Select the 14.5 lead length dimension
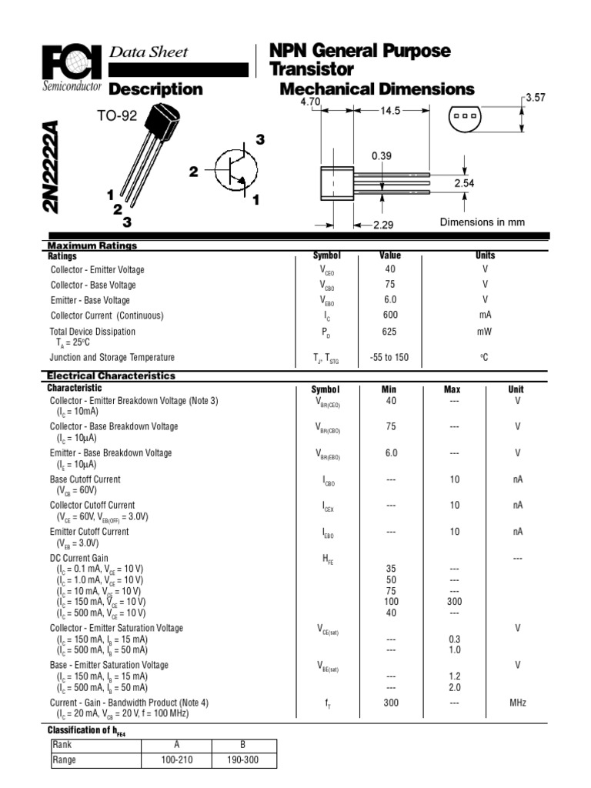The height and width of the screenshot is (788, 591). point(391,111)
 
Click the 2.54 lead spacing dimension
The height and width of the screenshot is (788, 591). point(465,183)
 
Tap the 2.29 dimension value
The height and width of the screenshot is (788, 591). point(383,225)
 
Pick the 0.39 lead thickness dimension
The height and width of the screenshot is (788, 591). point(382,155)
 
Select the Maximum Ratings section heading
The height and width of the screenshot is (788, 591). point(92,245)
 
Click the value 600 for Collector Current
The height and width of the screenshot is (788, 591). point(390,316)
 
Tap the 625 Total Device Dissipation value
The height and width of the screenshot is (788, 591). point(390,332)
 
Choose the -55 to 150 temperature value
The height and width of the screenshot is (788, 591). point(390,358)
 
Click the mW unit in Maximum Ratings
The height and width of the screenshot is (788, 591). point(485,332)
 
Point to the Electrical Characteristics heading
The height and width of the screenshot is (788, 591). point(112,376)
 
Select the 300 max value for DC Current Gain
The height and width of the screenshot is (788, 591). point(454,601)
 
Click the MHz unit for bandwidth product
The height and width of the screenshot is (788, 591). point(517,703)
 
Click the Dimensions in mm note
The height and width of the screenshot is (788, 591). point(482,222)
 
